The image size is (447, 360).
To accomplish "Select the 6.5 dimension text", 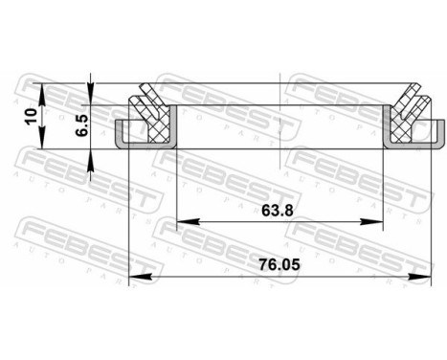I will [83, 124].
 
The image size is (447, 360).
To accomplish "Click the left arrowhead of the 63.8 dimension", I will [184, 222].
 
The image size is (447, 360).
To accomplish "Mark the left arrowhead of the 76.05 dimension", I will [133, 278].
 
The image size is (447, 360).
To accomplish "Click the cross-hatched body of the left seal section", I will [153, 124].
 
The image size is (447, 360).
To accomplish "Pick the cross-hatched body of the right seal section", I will [406, 124].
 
